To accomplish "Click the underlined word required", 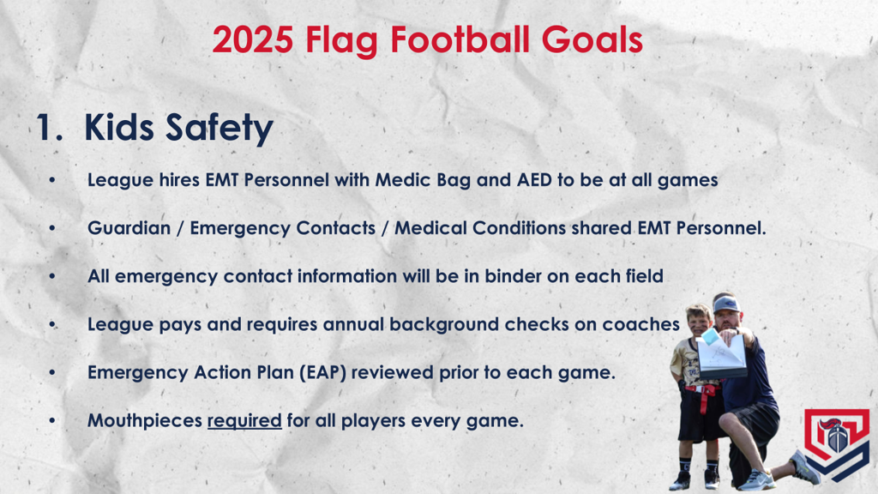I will (x=244, y=421).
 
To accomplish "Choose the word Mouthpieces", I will (x=143, y=421).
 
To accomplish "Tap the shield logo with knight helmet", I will (x=836, y=444).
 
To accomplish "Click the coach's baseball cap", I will (x=726, y=304).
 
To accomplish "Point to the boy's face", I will (x=699, y=322).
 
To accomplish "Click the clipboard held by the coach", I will (x=719, y=356).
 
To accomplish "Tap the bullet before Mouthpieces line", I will (x=52, y=421).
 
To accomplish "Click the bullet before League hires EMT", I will (x=52, y=181).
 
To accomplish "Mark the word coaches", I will (x=646, y=325).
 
